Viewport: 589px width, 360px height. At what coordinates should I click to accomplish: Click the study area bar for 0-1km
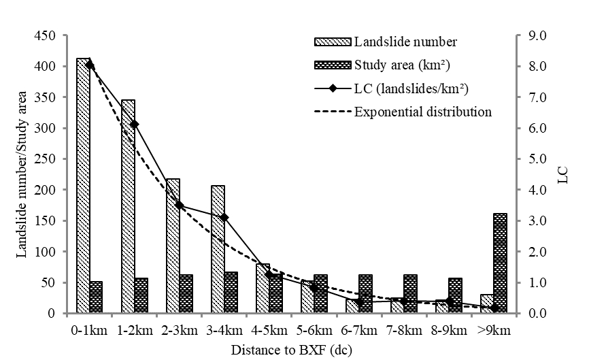tap(96, 297)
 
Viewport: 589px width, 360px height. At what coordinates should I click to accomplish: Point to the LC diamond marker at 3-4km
tap(224, 217)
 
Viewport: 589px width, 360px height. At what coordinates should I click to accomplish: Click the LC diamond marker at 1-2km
tap(135, 124)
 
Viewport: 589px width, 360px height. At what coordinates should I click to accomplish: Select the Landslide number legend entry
tap(405, 42)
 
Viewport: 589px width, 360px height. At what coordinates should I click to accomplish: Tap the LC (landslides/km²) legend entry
tap(421, 88)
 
